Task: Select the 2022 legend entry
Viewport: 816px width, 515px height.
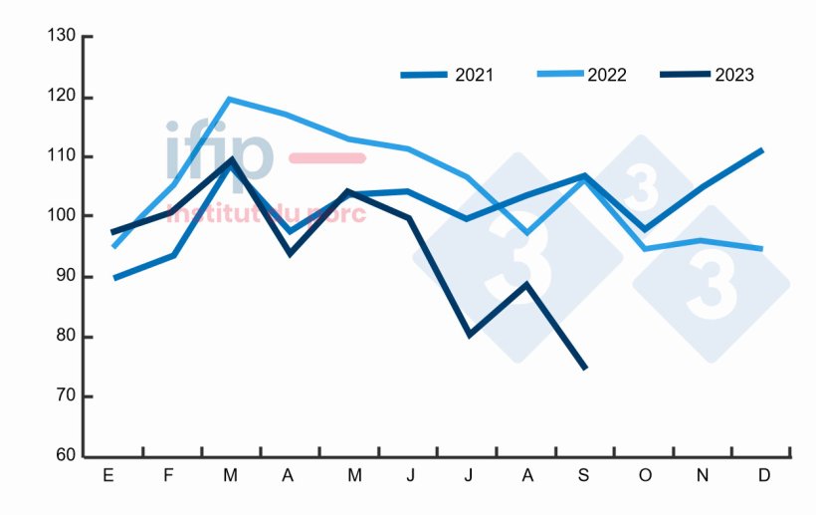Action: (581, 75)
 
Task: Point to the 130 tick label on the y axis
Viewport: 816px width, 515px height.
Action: (62, 36)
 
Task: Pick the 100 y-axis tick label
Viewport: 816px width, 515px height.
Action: (62, 215)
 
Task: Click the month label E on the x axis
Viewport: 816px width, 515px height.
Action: (108, 476)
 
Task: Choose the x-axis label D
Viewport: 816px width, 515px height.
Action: (764, 476)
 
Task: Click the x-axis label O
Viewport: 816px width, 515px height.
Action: (645, 476)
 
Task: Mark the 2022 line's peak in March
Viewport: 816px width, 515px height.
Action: (229, 99)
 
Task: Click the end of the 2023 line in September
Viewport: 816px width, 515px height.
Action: (585, 369)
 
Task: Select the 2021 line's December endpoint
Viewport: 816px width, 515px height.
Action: (762, 149)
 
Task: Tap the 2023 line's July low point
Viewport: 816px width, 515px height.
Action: (468, 335)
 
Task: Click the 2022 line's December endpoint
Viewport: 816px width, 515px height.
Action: (762, 249)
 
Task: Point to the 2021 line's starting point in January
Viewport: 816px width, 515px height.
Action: (114, 278)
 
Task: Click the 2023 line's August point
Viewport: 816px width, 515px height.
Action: (526, 284)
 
